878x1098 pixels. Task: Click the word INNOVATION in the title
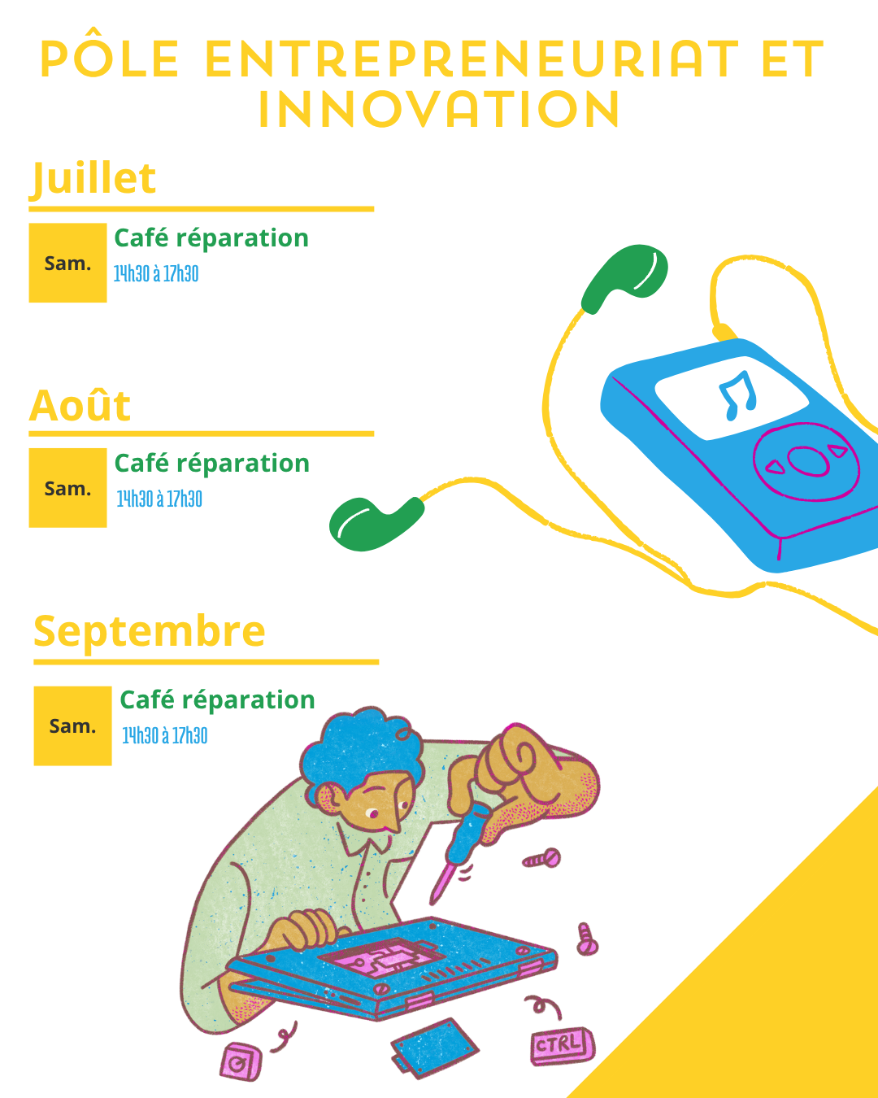(439, 109)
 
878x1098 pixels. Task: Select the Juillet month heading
(93, 179)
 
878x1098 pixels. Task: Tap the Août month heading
(80, 406)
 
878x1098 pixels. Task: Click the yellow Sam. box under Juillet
(67, 263)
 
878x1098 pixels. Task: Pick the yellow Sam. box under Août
(67, 488)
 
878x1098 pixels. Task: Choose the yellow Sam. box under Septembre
(73, 726)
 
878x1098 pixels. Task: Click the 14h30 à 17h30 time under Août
(159, 499)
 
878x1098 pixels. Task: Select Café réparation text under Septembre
(217, 700)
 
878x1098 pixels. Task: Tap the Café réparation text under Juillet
(211, 238)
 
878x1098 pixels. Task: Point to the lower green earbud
(375, 525)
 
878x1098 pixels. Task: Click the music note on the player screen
(737, 396)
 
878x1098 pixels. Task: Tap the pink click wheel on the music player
(806, 462)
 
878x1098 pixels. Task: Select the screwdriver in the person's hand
(459, 853)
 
